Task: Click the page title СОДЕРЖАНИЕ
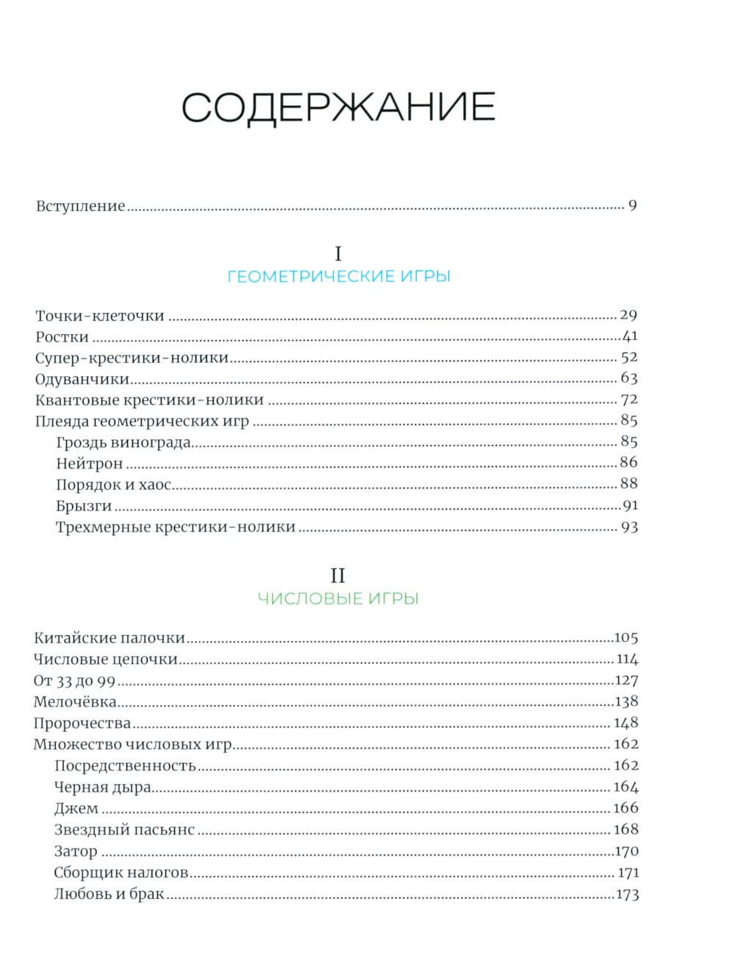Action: click(x=338, y=107)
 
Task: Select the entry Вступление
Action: click(x=81, y=206)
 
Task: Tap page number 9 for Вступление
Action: click(x=632, y=206)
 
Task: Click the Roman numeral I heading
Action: click(x=338, y=254)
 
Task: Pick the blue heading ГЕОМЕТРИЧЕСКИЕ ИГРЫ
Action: click(x=339, y=277)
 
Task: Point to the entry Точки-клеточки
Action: click(x=100, y=317)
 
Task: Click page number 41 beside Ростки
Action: click(x=630, y=336)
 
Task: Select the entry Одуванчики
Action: click(x=82, y=380)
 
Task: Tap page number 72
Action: click(x=629, y=400)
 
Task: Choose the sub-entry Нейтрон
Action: click(x=90, y=463)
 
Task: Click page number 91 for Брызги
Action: click(x=630, y=505)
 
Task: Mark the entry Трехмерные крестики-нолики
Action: click(x=176, y=527)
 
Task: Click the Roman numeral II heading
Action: click(x=337, y=576)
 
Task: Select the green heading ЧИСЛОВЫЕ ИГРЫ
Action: click(x=338, y=599)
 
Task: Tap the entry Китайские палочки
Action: click(x=110, y=638)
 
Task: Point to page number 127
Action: click(x=626, y=680)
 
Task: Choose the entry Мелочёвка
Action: click(x=75, y=702)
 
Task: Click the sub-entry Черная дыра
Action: click(x=103, y=787)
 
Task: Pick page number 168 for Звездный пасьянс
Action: click(x=626, y=829)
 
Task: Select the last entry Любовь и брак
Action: click(x=110, y=894)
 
